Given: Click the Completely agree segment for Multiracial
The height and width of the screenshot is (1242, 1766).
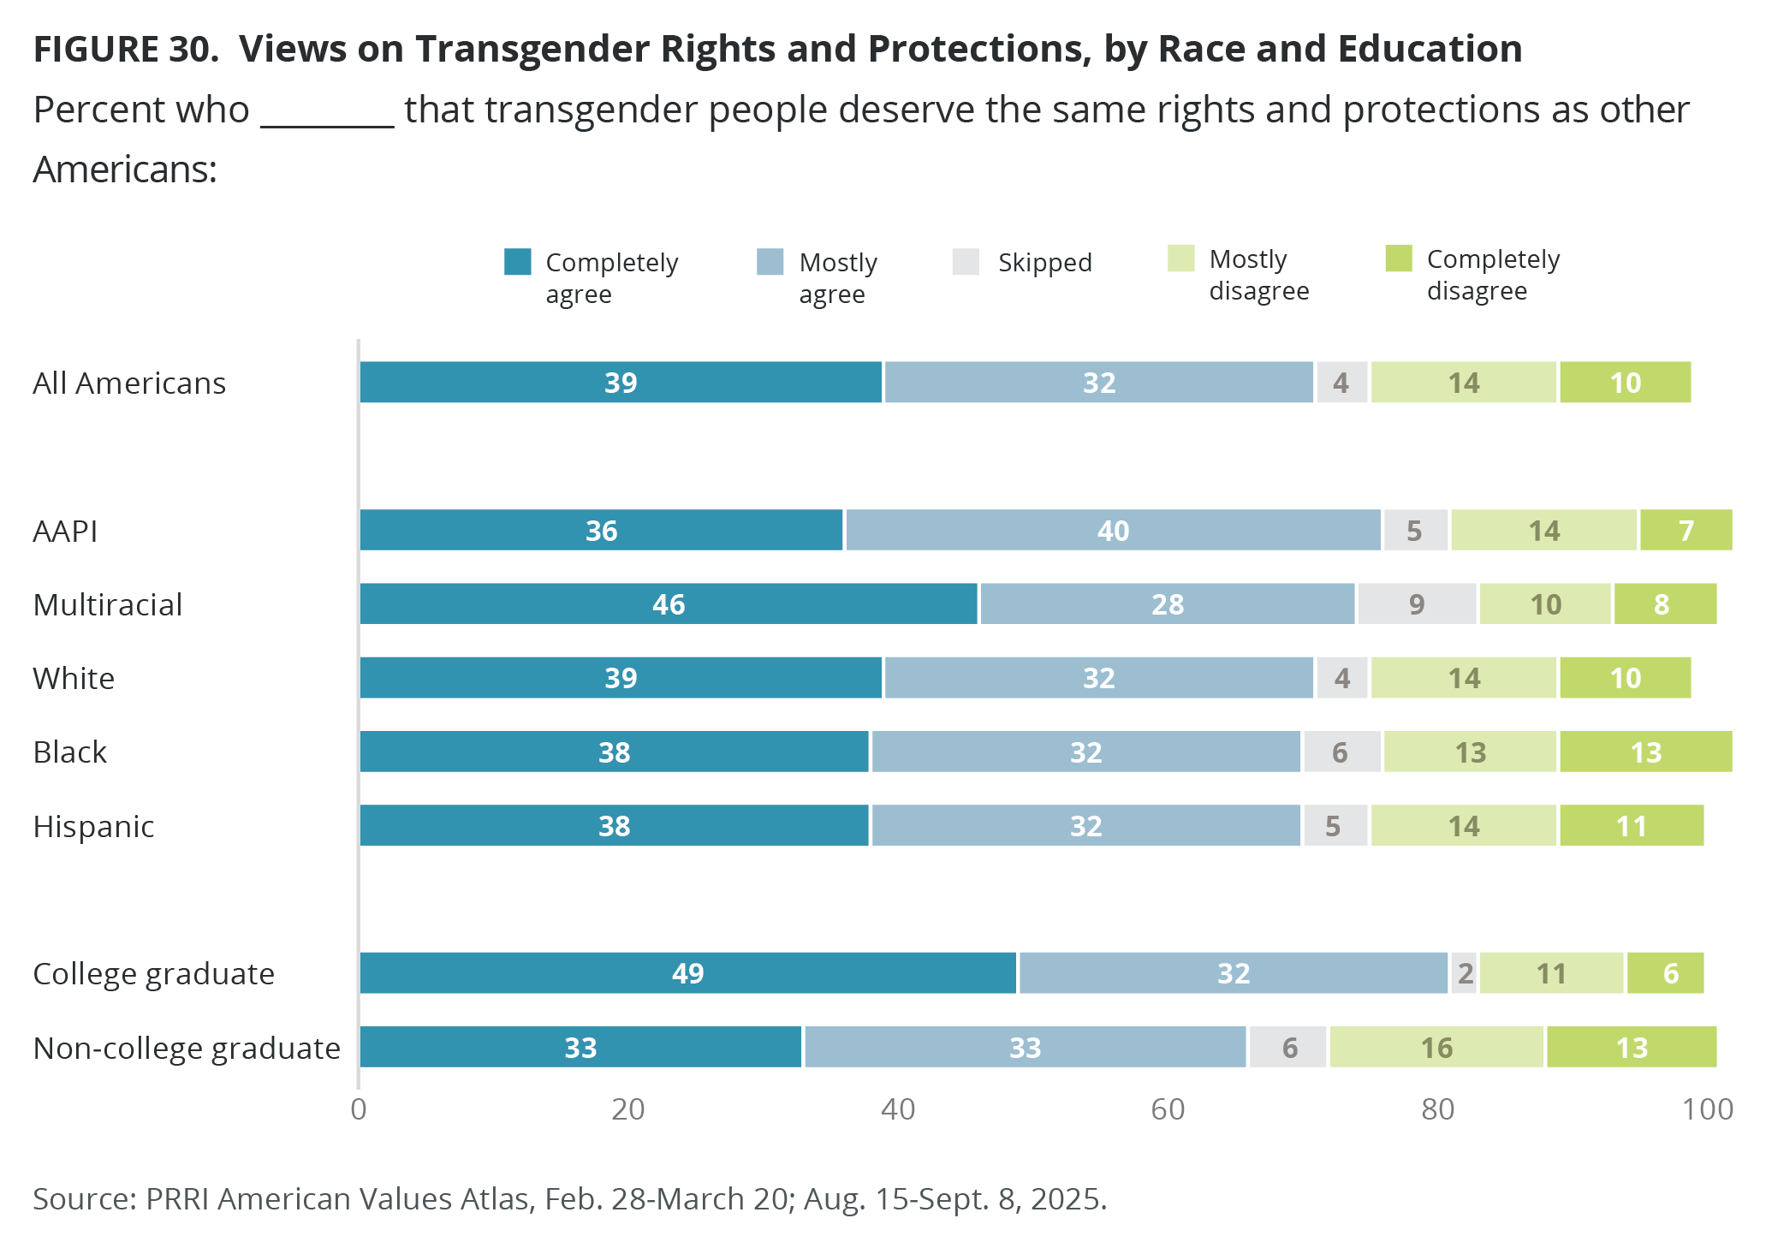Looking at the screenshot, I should (668, 604).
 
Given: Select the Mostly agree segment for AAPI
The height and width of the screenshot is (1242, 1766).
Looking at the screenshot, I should (1113, 531).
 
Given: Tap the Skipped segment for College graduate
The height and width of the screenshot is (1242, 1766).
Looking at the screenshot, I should (1464, 973).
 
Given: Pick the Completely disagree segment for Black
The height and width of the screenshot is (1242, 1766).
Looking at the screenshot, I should (1645, 752).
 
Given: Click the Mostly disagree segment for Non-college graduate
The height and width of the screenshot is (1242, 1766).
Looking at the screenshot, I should (1436, 1048).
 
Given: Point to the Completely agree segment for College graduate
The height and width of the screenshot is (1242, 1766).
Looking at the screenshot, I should (687, 973).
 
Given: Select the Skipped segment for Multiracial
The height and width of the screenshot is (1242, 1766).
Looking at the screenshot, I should (1417, 604).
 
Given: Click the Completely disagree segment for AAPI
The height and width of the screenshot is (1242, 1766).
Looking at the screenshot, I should (1686, 531).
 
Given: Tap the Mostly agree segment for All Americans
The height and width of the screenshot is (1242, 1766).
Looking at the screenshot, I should (1098, 383).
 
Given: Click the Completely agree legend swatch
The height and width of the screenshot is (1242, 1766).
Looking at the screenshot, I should (518, 262).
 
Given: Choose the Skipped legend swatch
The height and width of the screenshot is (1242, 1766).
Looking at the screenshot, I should (966, 262).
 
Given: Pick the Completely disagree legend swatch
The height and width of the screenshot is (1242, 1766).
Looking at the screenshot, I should (1399, 259).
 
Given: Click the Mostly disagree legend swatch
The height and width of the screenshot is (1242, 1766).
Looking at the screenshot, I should (1180, 259).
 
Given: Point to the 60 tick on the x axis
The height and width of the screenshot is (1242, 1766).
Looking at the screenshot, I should (1168, 1109).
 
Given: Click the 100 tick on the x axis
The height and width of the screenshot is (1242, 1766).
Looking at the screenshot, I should (1708, 1109).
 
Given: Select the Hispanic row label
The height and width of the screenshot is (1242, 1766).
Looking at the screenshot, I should (93, 827).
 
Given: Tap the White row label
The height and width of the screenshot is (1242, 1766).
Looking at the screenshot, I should (74, 679).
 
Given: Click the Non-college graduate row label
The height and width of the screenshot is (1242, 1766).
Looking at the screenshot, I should (187, 1049).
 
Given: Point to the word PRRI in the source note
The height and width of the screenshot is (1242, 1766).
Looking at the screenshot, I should (179, 1199).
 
